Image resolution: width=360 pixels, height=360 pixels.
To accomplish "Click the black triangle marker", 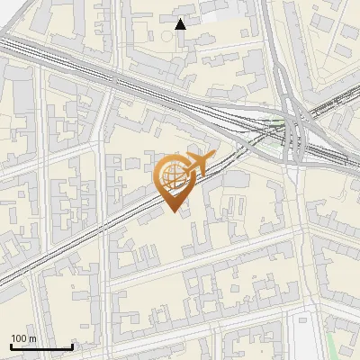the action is point(181,24).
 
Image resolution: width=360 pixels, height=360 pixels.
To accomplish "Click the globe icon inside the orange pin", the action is point(172,175).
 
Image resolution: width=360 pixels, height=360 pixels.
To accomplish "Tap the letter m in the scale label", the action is point(33,338).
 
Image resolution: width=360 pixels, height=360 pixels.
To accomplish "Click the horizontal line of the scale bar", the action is point(41,346).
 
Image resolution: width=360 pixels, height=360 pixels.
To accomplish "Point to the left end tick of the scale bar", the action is point(11,345).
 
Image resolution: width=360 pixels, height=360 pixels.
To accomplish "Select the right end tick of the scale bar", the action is point(72,345).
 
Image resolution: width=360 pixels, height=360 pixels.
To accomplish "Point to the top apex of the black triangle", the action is point(181,19).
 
